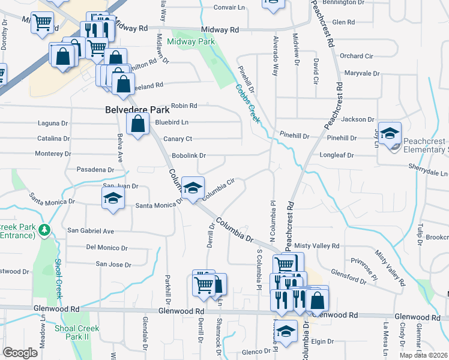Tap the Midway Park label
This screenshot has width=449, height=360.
(x=190, y=42)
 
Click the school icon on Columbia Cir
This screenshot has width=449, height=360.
(x=193, y=188)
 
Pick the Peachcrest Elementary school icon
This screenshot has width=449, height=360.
(x=390, y=134)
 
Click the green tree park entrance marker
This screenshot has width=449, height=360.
(x=44, y=229)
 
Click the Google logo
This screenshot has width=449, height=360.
(x=20, y=353)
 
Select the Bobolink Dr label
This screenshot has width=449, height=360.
(x=188, y=155)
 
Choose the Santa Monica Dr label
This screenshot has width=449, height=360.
(x=158, y=205)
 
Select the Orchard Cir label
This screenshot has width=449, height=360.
(x=357, y=56)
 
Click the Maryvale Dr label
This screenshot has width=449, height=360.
(x=360, y=73)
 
